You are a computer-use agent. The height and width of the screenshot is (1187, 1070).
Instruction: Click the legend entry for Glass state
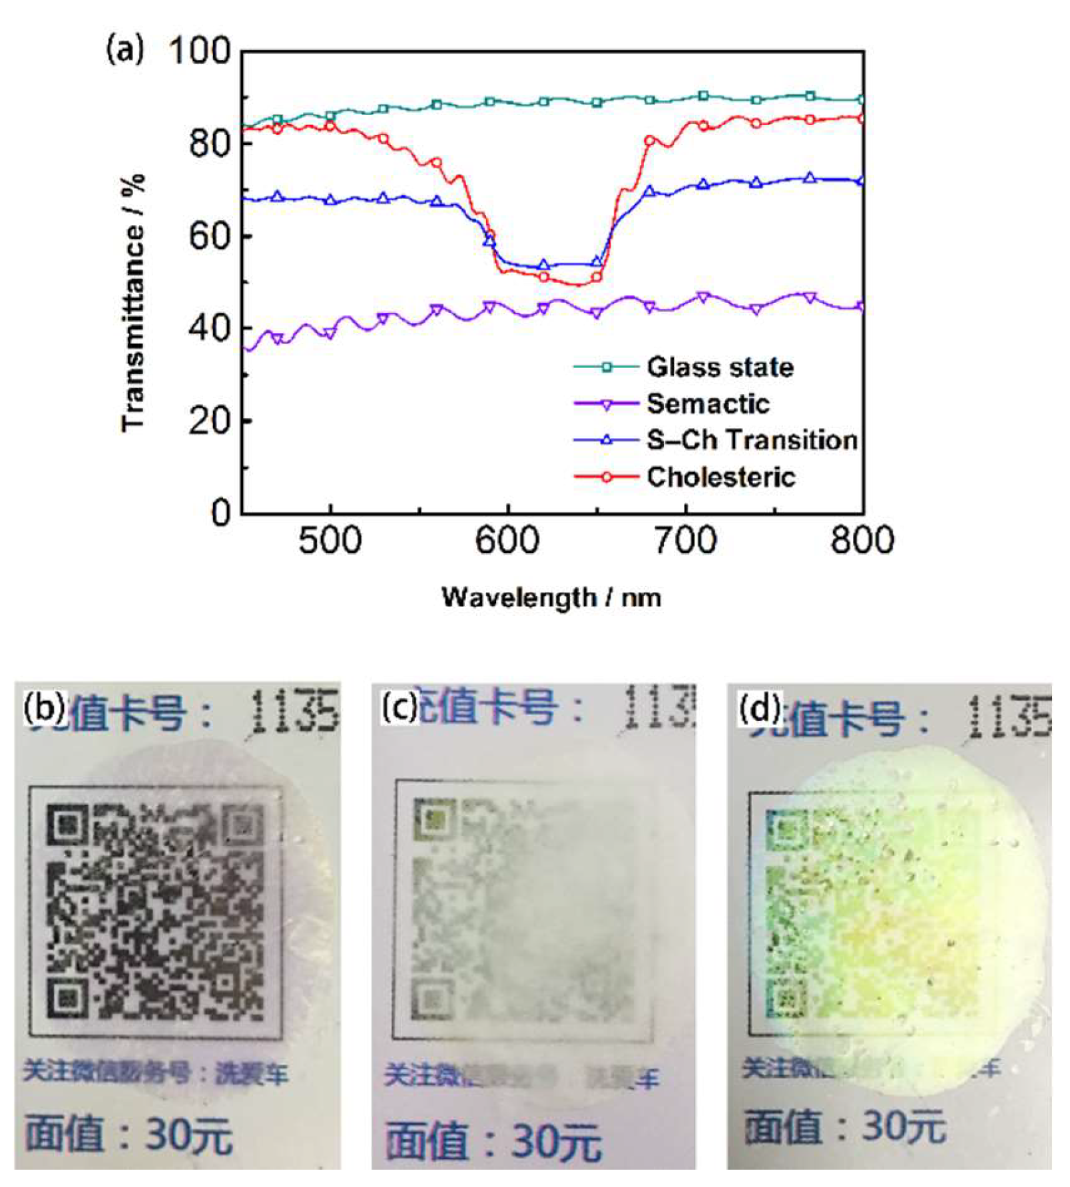pyautogui.click(x=719, y=367)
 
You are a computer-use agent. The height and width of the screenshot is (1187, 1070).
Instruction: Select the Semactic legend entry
pyautogui.click(x=707, y=404)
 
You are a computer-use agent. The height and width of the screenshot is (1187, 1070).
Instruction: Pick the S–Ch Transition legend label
pyautogui.click(x=751, y=440)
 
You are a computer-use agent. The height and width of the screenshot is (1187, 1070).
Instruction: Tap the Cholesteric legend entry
pyautogui.click(x=720, y=477)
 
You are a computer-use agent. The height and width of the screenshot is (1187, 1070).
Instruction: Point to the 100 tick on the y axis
pyautogui.click(x=199, y=51)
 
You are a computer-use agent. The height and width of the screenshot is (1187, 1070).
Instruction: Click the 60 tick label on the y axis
pyautogui.click(x=208, y=236)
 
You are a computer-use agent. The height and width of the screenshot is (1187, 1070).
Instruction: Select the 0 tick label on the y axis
pyautogui.click(x=220, y=513)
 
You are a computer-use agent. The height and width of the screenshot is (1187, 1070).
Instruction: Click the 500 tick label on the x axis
pyautogui.click(x=330, y=541)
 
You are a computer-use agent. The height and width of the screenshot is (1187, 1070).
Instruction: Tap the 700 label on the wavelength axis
pyautogui.click(x=685, y=541)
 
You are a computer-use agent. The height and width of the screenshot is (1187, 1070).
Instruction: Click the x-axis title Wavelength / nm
pyautogui.click(x=551, y=597)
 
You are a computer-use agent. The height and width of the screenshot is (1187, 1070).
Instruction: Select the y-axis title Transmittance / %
pyautogui.click(x=133, y=303)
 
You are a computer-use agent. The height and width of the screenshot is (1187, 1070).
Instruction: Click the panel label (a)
pyautogui.click(x=125, y=51)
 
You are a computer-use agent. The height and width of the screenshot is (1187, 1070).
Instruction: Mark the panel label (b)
pyautogui.click(x=45, y=707)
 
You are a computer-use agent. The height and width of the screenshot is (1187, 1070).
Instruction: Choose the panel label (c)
pyautogui.click(x=399, y=708)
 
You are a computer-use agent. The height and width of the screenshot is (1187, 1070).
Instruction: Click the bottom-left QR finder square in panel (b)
pyautogui.click(x=67, y=997)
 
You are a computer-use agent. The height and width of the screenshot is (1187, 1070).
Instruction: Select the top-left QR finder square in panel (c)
pyautogui.click(x=433, y=819)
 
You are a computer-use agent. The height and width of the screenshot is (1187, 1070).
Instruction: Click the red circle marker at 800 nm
pyautogui.click(x=862, y=119)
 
